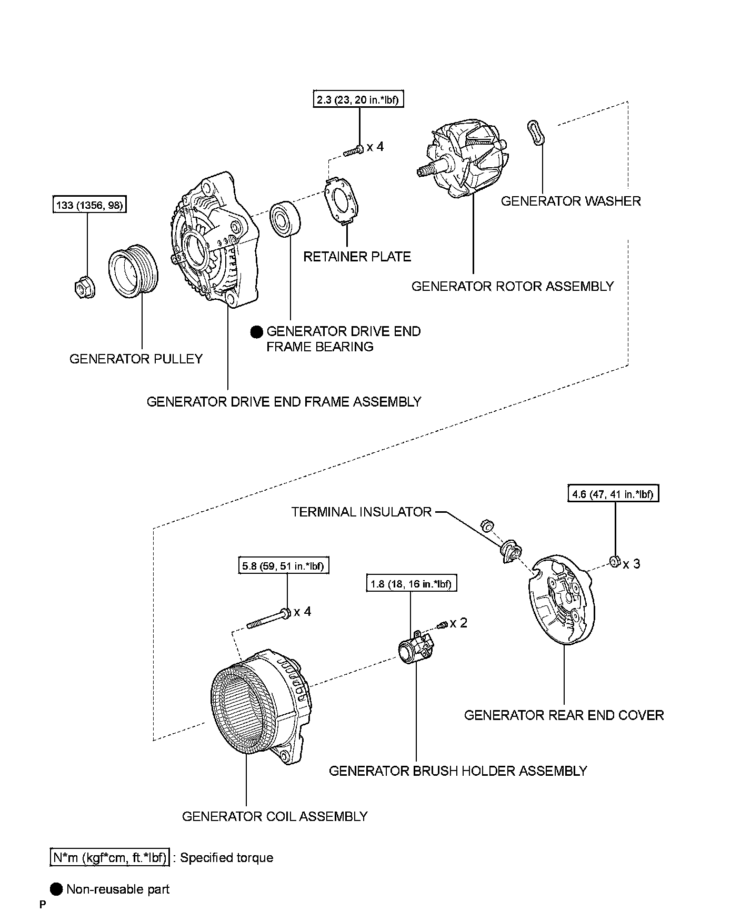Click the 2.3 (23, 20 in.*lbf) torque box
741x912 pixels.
tap(359, 100)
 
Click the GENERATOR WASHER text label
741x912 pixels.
tap(570, 201)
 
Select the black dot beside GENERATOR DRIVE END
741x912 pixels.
tap(256, 331)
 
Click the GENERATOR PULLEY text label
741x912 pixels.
tap(136, 359)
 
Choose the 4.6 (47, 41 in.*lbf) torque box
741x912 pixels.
tap(614, 494)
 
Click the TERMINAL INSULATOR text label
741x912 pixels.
tap(362, 512)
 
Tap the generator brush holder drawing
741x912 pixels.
tap(416, 647)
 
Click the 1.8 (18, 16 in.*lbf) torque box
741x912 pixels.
tap(411, 584)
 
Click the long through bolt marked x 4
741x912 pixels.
tap(268, 619)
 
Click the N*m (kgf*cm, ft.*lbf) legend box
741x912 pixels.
tap(109, 858)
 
